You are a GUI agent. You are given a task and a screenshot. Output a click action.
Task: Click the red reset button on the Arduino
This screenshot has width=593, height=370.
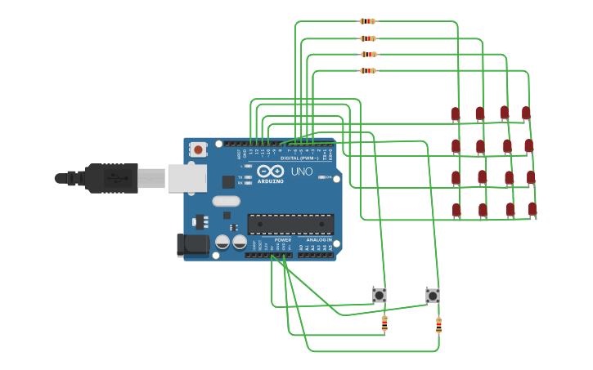click(198, 149)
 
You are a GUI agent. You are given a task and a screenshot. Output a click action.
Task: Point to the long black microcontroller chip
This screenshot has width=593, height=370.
click(290, 224)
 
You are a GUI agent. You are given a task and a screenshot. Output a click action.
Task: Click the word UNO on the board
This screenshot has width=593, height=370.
click(302, 172)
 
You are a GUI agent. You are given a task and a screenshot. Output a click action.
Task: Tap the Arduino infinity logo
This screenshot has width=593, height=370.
click(270, 172)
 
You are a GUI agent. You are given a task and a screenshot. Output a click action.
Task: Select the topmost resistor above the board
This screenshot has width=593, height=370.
click(367, 21)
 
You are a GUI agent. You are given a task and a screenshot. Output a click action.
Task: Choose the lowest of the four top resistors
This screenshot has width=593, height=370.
click(368, 70)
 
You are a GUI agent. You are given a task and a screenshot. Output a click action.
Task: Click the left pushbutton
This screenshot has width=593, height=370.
click(379, 294)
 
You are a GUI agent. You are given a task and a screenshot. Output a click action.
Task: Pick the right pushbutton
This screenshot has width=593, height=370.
click(432, 295)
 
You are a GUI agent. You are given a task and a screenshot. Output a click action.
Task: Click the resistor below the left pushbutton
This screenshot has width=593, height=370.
click(384, 324)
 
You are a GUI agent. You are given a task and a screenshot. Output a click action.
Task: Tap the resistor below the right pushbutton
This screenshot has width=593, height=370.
click(438, 325)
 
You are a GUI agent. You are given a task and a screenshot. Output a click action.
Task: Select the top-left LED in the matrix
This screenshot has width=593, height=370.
click(456, 114)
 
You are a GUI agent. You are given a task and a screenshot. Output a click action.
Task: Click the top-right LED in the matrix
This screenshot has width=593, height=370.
click(526, 112)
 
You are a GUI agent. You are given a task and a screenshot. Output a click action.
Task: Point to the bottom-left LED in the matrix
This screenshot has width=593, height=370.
click(456, 210)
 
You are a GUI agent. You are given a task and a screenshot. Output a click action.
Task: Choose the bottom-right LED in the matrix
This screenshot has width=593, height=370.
click(532, 208)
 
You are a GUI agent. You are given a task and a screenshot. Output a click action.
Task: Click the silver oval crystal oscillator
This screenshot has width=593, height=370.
click(226, 201)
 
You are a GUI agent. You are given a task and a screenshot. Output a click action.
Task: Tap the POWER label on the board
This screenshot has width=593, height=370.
click(283, 239)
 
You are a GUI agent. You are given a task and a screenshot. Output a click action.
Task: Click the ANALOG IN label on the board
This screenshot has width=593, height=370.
click(319, 239)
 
